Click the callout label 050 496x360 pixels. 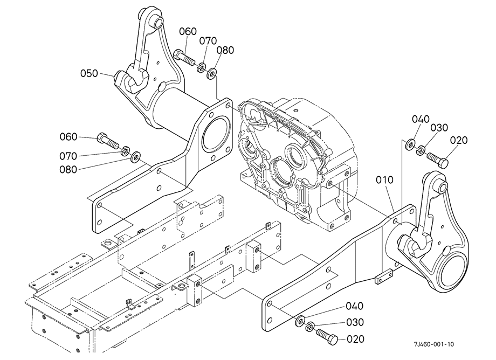(89, 73)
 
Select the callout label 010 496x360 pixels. (384, 180)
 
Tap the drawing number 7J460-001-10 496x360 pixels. (433, 344)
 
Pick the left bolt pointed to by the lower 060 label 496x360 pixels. (107, 141)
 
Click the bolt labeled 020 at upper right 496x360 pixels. (437, 160)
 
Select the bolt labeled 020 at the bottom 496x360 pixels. (327, 336)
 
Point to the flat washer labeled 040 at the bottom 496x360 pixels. (299, 320)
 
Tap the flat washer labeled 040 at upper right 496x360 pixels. (410, 144)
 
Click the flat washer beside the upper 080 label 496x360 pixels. (212, 74)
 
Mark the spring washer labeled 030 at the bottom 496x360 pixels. (309, 327)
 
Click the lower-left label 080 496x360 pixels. (68, 170)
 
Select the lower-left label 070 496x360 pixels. (68, 156)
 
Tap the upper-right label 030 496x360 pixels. (439, 128)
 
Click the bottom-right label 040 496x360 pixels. (354, 306)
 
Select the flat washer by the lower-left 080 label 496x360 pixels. (136, 156)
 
